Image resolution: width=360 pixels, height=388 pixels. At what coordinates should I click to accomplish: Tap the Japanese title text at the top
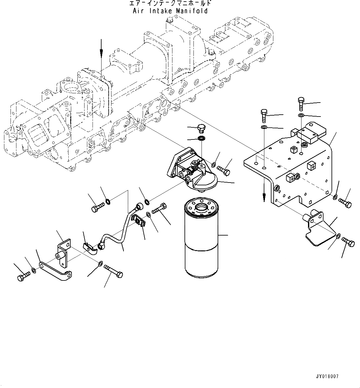coord(170,4)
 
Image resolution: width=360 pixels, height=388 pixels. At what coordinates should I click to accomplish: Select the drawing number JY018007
coord(327,377)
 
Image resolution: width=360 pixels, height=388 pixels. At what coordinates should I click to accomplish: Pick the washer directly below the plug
coord(202,138)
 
